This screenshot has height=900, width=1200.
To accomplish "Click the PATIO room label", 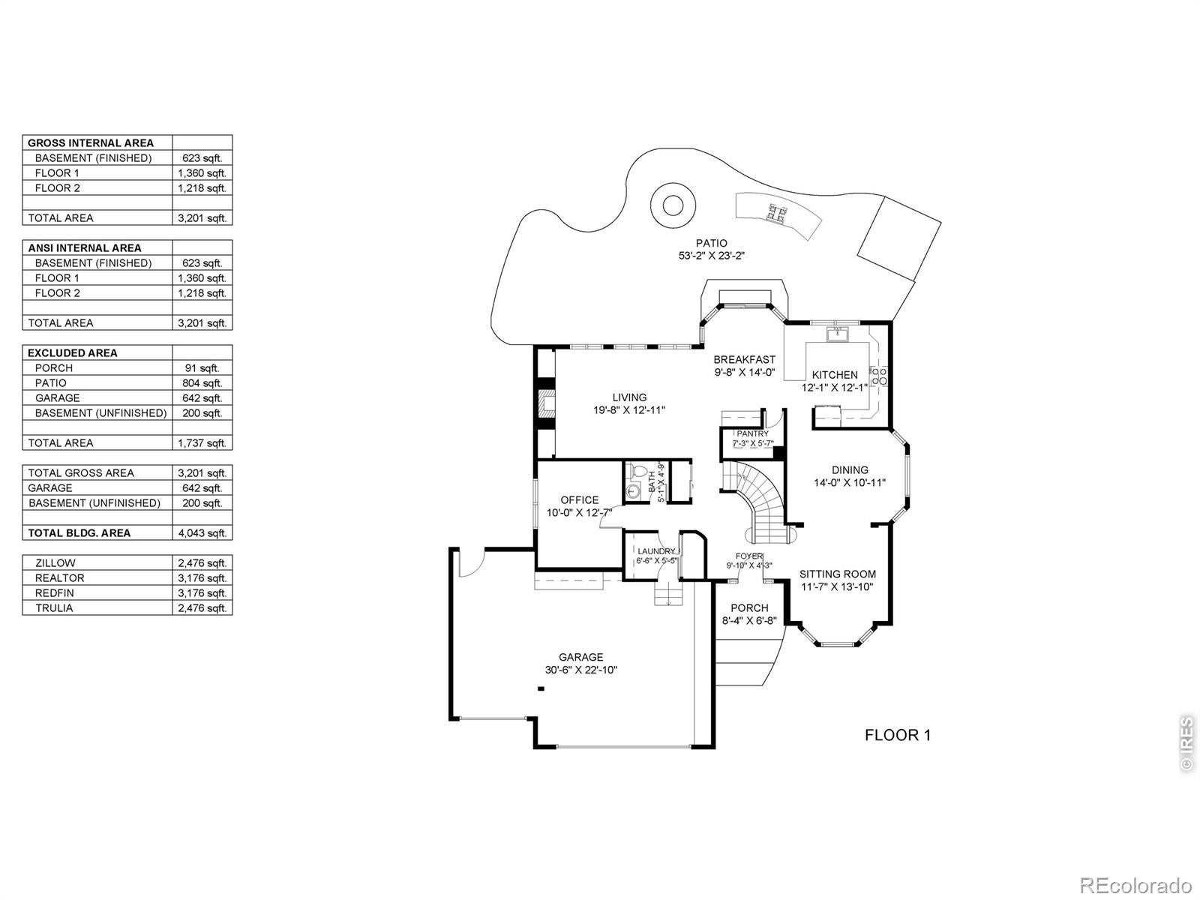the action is [x=711, y=243].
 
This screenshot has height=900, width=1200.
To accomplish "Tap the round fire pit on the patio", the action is [x=673, y=206].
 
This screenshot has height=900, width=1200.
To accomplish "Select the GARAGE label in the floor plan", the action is [x=580, y=657].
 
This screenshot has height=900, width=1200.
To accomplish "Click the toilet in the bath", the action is [x=637, y=470].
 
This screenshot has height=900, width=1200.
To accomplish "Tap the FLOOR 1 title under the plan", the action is [x=897, y=735].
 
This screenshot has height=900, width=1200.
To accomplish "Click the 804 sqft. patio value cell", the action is [x=202, y=383].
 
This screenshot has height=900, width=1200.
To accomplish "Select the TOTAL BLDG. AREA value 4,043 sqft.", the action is [x=202, y=532].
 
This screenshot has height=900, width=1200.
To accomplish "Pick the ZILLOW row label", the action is [x=55, y=562].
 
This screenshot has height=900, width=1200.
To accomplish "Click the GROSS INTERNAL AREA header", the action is [x=91, y=143].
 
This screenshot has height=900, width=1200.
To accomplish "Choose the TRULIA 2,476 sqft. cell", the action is [x=202, y=607].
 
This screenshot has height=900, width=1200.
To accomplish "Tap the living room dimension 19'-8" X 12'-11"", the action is [x=629, y=409].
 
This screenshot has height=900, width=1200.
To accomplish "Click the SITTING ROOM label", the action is [x=838, y=574].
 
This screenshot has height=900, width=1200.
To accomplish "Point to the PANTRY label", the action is [x=753, y=433].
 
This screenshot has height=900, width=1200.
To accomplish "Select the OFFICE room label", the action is [x=580, y=499].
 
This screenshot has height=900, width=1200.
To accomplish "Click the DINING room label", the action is [x=850, y=470].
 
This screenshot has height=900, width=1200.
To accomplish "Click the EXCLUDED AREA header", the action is [x=73, y=353].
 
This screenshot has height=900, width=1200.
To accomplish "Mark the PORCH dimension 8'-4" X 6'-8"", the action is [x=749, y=620].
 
